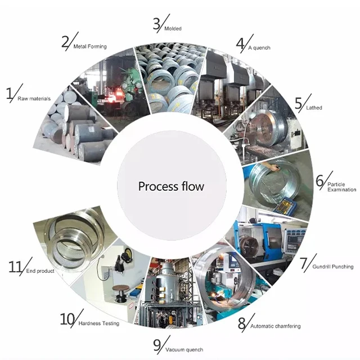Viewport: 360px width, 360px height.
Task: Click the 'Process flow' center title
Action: point(171,186)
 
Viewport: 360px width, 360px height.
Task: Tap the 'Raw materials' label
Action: point(34,99)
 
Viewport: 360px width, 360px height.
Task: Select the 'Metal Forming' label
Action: point(90,47)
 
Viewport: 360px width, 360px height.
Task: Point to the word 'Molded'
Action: point(173,29)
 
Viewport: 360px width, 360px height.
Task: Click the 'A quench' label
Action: point(259,48)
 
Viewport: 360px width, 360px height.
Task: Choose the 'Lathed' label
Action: point(314,107)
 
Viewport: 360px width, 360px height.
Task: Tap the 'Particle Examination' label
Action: point(341,187)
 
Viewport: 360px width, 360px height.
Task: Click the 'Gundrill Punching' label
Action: point(333,267)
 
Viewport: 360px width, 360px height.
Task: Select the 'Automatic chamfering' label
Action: point(275,326)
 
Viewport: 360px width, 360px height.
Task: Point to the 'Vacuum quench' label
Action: point(184,350)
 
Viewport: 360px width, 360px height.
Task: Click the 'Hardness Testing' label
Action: point(99,323)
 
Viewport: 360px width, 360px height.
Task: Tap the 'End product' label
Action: point(40,271)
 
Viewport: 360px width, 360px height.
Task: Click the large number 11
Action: point(16,266)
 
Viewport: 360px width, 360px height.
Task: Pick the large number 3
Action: point(156,24)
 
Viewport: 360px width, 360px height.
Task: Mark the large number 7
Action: point(304,263)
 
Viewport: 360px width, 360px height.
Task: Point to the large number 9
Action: point(157,345)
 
